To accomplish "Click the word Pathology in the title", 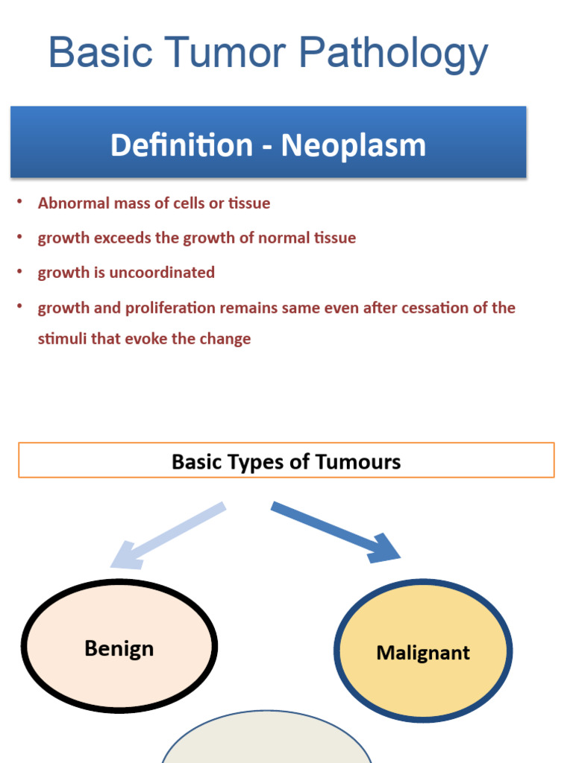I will click(x=394, y=54).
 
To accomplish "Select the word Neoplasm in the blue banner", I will click(x=354, y=145).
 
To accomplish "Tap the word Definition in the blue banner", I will click(x=181, y=145).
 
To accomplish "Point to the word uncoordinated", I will click(x=162, y=273).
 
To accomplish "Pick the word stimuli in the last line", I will click(x=62, y=339).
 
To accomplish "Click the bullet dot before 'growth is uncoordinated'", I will click(x=21, y=272).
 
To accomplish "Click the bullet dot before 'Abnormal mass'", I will click(x=21, y=202).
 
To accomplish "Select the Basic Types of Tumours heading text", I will click(x=286, y=462).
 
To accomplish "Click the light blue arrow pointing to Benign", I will click(x=168, y=535).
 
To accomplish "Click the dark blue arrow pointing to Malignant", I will click(x=335, y=531).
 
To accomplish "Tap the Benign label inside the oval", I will click(x=119, y=648).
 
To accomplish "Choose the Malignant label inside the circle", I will click(x=423, y=653).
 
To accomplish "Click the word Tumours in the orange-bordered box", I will click(x=358, y=462).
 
